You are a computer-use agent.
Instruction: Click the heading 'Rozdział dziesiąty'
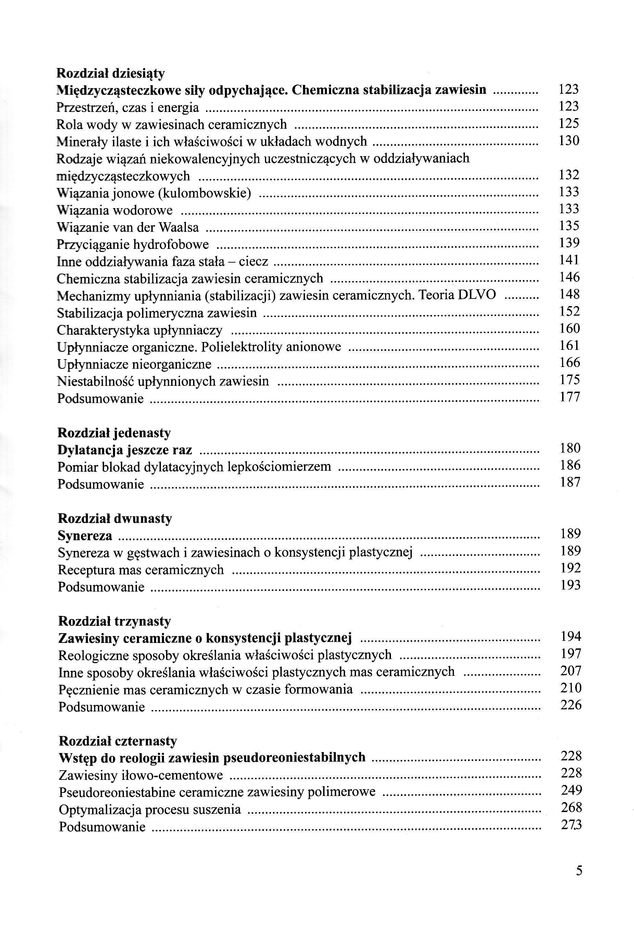(111, 73)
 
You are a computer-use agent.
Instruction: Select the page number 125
(569, 123)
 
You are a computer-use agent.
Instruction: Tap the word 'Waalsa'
(179, 227)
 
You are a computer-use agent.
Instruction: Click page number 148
(569, 294)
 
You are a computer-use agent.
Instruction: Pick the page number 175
(570, 380)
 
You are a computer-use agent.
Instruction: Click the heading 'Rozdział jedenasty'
(114, 433)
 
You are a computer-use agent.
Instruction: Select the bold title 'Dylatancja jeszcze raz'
(125, 450)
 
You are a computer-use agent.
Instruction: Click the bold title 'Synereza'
(85, 536)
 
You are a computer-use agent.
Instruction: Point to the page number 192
(570, 568)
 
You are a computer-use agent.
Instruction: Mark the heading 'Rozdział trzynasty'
(114, 621)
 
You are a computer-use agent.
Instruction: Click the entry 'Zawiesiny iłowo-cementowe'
(141, 775)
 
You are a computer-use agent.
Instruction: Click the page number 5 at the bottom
(579, 882)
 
